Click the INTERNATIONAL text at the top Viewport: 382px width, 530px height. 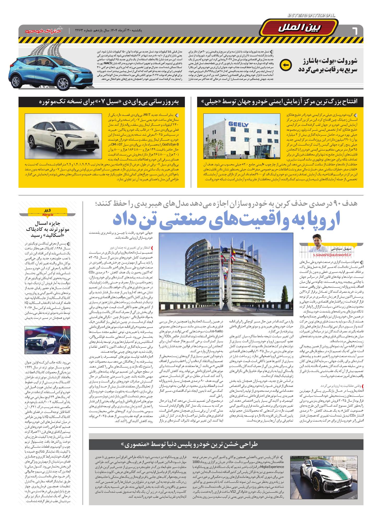[311, 16]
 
